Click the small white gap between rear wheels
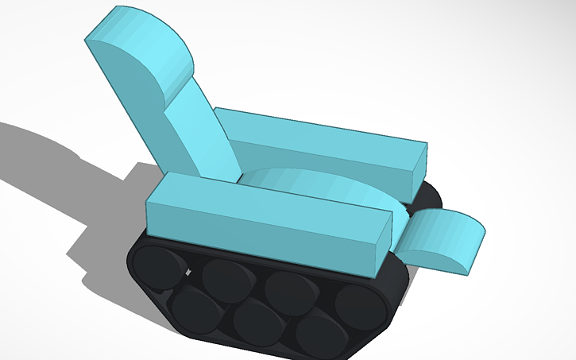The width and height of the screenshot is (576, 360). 189,272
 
